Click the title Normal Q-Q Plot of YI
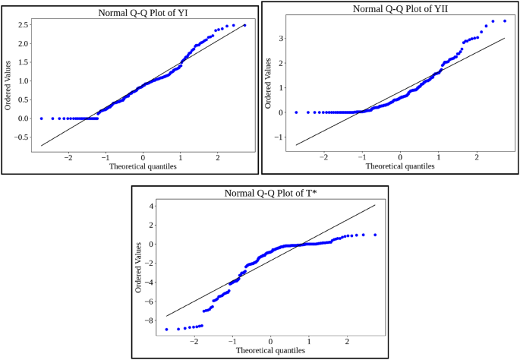tap(143, 13)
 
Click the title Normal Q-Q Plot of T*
tap(270, 194)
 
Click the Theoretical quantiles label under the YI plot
tap(143, 166)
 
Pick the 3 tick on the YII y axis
tap(281, 37)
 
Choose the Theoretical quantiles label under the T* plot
tap(270, 350)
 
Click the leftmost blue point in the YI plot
tap(42, 118)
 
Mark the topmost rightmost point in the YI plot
tap(244, 25)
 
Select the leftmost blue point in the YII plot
tap(296, 112)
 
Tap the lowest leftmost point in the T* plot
tap(166, 329)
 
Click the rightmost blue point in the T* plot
tap(374, 235)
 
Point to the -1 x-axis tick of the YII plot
tap(362, 156)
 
